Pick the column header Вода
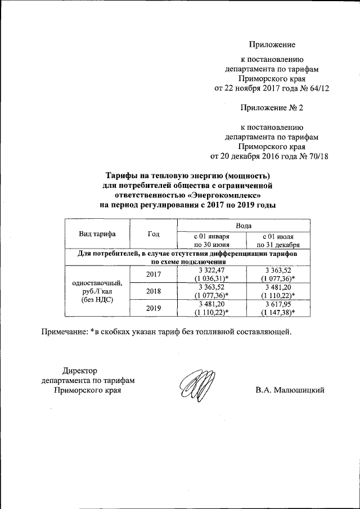[x=243, y=225]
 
